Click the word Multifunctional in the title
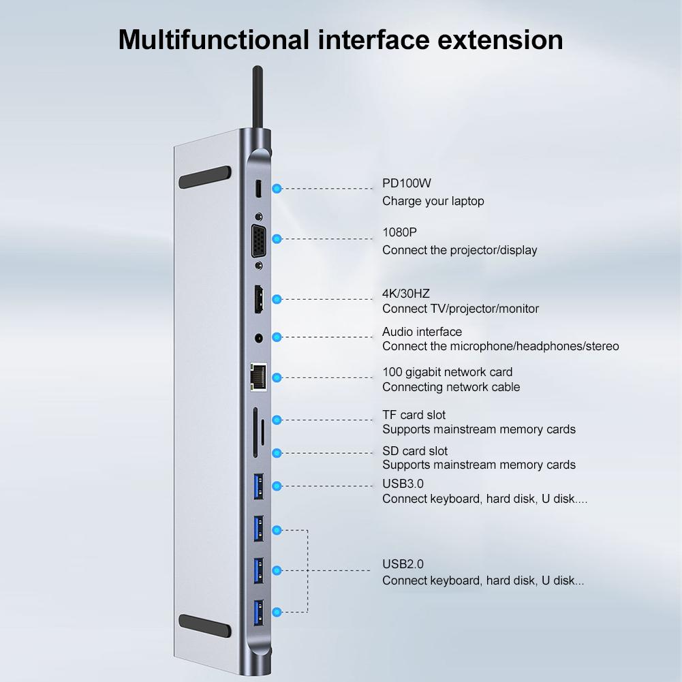[x=213, y=40]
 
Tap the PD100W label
[x=407, y=183]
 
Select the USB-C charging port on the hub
[x=259, y=189]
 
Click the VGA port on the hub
[x=259, y=239]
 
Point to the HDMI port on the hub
[x=259, y=300]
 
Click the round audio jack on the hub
[x=259, y=337]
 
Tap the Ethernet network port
[x=259, y=377]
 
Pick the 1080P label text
[x=399, y=232]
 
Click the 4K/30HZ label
[x=406, y=294]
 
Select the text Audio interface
[x=422, y=332]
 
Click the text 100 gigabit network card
[x=447, y=372]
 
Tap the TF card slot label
[x=414, y=415]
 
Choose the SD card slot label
[x=415, y=451]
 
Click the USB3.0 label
[x=403, y=484]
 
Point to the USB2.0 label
[x=403, y=564]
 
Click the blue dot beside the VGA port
[x=277, y=239]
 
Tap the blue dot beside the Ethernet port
[x=277, y=377]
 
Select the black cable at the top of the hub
[x=258, y=95]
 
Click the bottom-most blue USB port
[x=259, y=611]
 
